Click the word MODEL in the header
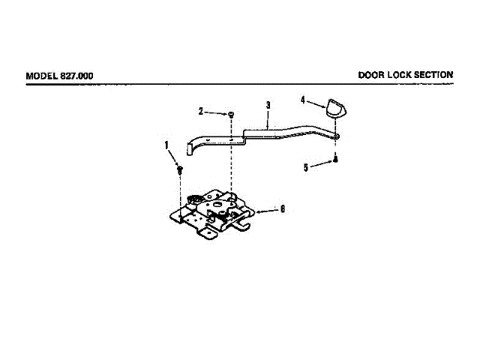(x=41, y=76)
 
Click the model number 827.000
(x=77, y=76)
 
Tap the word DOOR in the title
(x=372, y=75)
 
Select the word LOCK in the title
(x=402, y=75)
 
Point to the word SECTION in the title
(x=436, y=75)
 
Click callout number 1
(x=167, y=145)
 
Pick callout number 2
(x=201, y=111)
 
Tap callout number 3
(x=267, y=105)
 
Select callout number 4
(x=304, y=99)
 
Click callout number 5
(x=306, y=168)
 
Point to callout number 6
(x=282, y=209)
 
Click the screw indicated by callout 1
(x=181, y=169)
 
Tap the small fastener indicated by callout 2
(x=231, y=114)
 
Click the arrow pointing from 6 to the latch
(x=266, y=210)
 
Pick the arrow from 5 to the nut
(x=320, y=164)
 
